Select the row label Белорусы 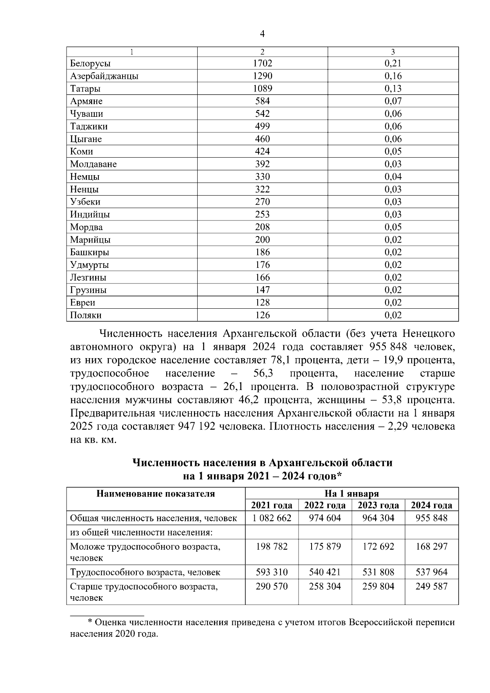pos(90,64)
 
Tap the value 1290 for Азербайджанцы pos(262,76)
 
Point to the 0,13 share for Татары pos(393,89)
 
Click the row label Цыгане pos(86,139)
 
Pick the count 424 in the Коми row pos(262,152)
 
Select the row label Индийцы pos(90,215)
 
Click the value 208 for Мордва pos(262,227)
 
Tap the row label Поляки pos(86,316)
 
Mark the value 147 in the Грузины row pos(262,290)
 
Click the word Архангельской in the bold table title pos(309,463)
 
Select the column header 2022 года pos(325,506)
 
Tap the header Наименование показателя pos(156,494)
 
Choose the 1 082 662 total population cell pos(272,519)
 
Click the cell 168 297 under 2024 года pos(431,546)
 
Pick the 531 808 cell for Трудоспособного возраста pos(378,573)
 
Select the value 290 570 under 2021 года pos(272,587)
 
